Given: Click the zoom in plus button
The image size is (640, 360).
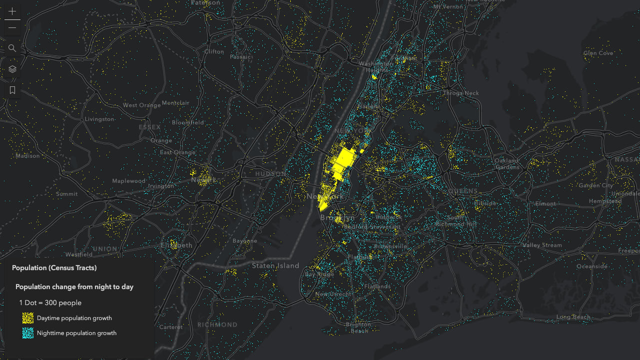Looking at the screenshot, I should click(x=12, y=11).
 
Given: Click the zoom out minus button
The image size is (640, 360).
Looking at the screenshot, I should click(x=12, y=27).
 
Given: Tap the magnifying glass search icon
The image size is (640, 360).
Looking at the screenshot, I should click(x=12, y=48).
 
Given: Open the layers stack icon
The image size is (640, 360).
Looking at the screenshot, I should click(x=12, y=69).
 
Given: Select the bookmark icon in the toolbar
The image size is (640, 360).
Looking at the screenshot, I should click(x=12, y=90).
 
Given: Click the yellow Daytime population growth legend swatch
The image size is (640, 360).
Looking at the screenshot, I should click(x=28, y=318).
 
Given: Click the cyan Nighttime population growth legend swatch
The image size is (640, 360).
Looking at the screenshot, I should click(x=28, y=333).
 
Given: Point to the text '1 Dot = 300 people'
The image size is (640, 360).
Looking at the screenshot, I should click(x=50, y=303).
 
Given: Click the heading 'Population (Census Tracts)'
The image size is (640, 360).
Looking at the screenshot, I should click(x=54, y=268).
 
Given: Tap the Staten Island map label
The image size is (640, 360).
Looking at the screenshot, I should click(x=275, y=266).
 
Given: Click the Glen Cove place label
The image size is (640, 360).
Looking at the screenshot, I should click(x=598, y=53).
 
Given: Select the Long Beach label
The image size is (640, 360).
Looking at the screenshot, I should click(x=573, y=317).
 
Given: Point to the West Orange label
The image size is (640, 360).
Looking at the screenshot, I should click(x=142, y=105).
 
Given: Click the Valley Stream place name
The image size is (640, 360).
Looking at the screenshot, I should click(x=542, y=245).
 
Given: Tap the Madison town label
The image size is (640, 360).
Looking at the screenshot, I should click(x=27, y=156).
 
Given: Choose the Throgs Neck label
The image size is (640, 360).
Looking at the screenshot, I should click(x=461, y=93).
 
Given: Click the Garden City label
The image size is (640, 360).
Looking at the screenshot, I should click(x=596, y=185).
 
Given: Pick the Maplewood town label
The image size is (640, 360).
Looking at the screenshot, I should click(x=129, y=181).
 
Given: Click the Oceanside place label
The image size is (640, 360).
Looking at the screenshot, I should click(x=592, y=267).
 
